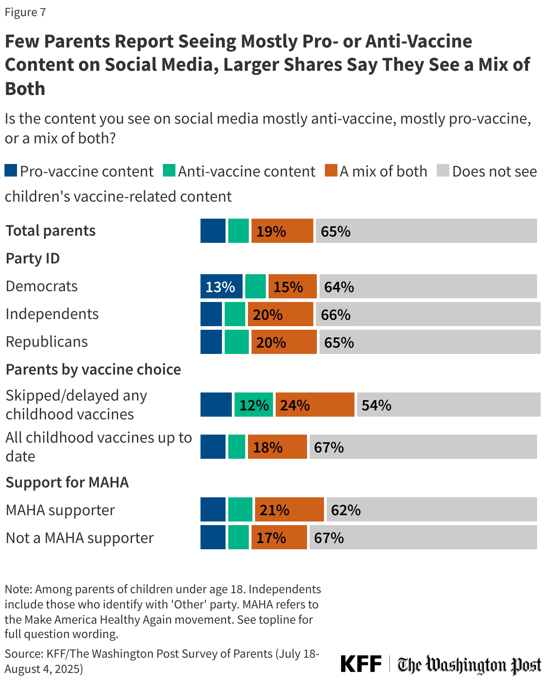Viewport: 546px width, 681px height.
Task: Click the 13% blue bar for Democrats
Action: [221, 287]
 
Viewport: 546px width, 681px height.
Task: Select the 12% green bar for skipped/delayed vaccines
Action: [253, 405]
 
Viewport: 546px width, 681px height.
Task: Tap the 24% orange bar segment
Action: [315, 405]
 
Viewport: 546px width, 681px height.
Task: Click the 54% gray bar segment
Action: [448, 405]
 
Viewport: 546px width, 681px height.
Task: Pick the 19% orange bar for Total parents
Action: [282, 231]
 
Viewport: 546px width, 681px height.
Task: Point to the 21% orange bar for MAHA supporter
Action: [289, 510]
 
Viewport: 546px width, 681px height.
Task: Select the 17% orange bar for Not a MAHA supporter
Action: [279, 538]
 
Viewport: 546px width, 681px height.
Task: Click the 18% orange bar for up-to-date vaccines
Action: [277, 447]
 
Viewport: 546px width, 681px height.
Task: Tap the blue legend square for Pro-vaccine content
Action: [11, 171]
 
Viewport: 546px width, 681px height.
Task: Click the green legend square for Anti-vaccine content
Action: [169, 171]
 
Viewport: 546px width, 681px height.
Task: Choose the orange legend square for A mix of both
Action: [331, 171]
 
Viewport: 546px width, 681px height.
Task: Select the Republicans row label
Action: [47, 342]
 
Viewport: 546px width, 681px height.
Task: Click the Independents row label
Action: [52, 314]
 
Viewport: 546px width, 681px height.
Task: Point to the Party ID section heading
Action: [32, 259]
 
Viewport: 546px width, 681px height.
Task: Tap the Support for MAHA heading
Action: [67, 483]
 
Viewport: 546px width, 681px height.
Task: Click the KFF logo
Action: [361, 664]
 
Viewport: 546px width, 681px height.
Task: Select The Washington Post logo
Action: [469, 665]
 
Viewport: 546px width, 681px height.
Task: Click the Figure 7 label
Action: [25, 13]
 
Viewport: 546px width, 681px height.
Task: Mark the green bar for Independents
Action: [235, 315]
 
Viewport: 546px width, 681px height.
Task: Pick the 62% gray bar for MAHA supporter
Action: [431, 510]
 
